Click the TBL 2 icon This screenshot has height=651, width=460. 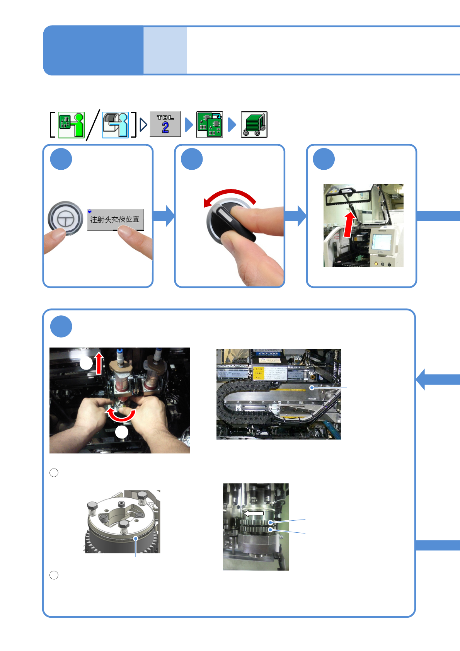[x=165, y=124]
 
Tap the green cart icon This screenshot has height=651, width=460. [x=254, y=124]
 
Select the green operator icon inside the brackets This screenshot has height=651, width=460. [x=71, y=125]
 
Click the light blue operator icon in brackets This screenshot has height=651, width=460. [x=115, y=125]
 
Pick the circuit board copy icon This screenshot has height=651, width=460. [x=210, y=124]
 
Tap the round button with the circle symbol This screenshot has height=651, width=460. [x=65, y=218]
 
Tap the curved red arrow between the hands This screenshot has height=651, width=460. [x=121, y=415]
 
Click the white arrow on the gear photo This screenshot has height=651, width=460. [x=254, y=513]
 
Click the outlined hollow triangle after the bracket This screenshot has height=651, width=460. [x=143, y=124]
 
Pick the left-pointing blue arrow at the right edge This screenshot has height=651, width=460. [x=437, y=379]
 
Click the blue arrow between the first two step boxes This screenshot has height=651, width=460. [x=164, y=216]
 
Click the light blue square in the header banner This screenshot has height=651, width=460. [x=165, y=50]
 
